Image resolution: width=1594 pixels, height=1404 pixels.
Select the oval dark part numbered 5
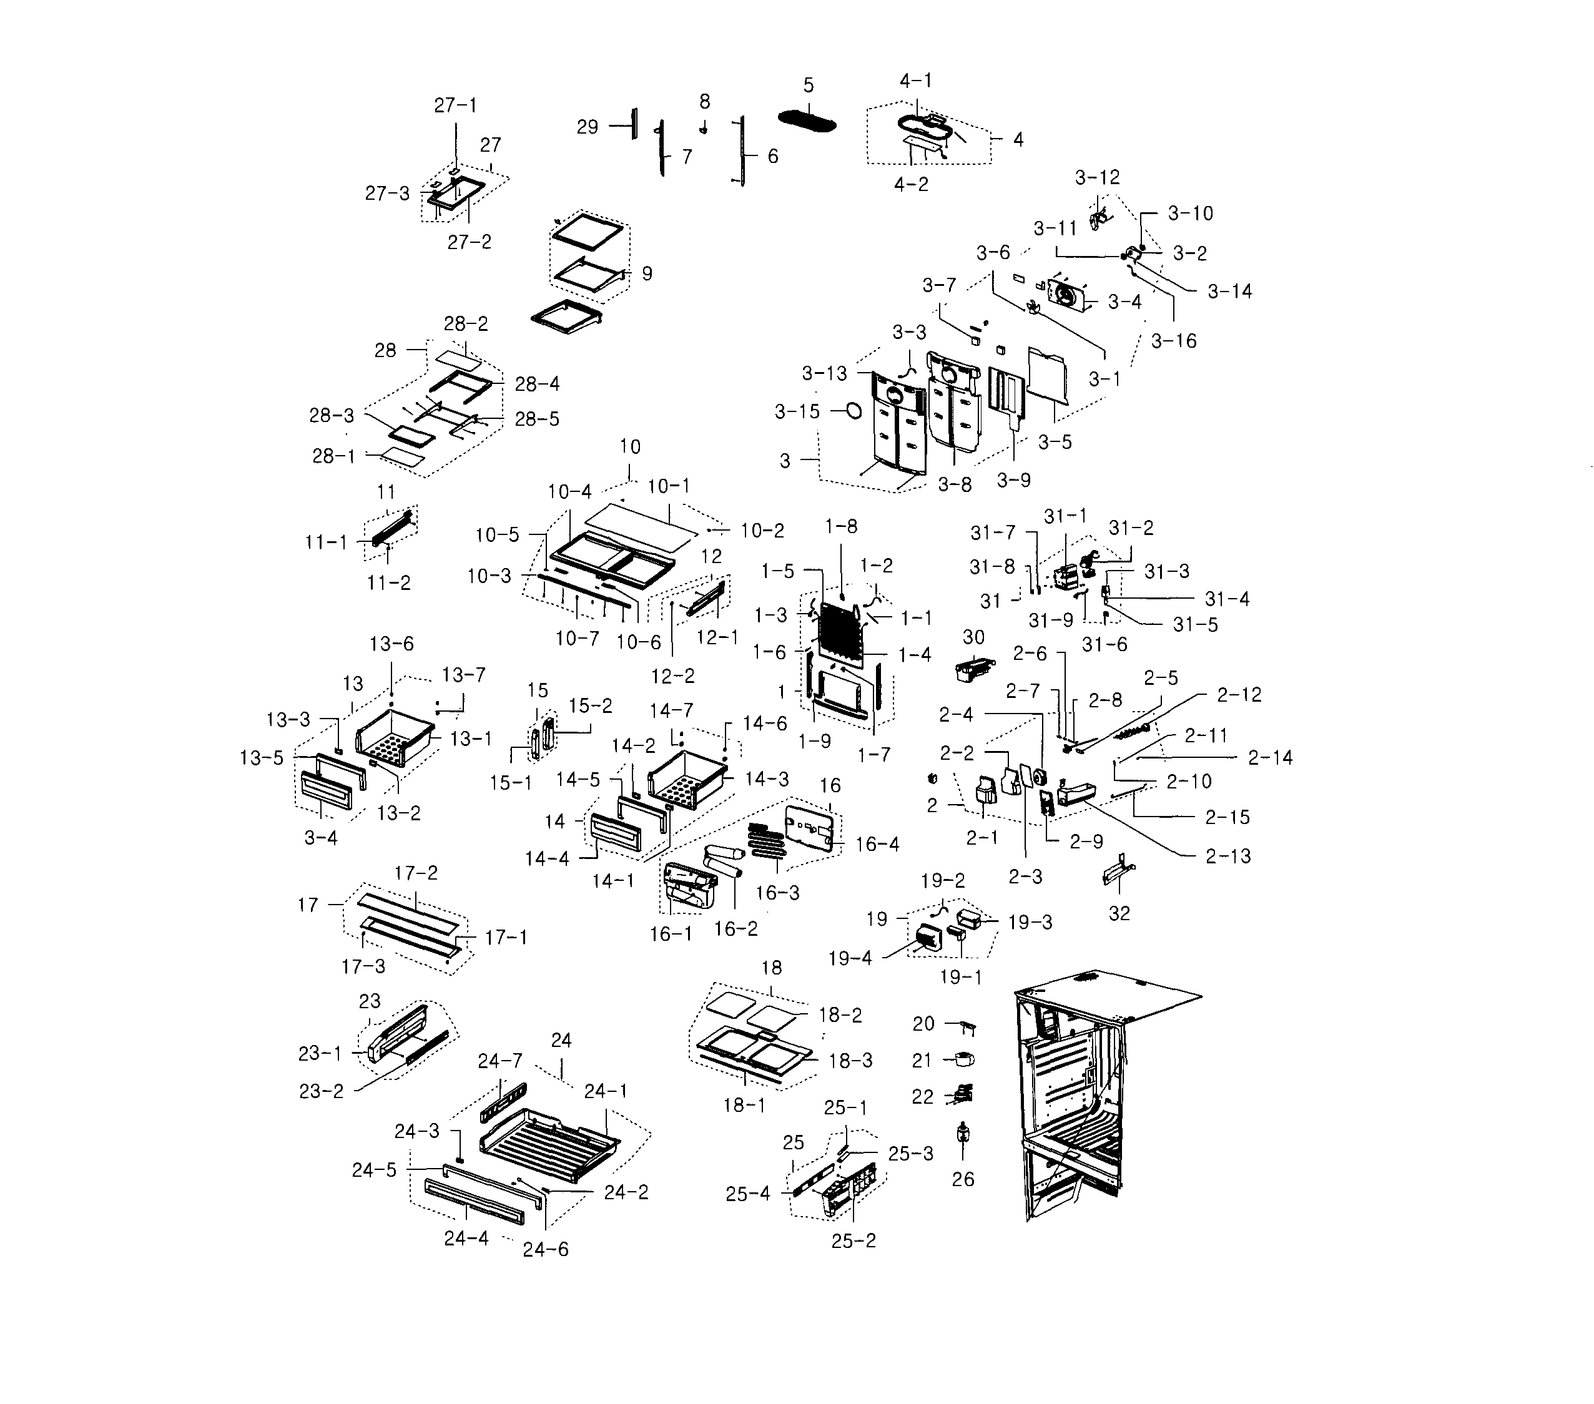tap(807, 122)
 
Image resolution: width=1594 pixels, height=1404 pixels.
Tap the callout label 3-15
tap(797, 411)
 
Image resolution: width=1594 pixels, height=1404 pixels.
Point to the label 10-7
tap(577, 639)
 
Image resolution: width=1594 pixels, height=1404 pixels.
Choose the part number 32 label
tap(1119, 913)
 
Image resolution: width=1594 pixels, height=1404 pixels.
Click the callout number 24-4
tap(466, 1238)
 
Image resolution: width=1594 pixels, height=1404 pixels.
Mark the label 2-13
tap(1228, 856)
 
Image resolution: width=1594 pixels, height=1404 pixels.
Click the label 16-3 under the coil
tap(777, 893)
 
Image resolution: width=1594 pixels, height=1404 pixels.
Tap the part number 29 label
tap(588, 126)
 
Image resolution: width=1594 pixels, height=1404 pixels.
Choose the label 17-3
tap(363, 966)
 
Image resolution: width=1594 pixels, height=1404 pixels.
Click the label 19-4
tap(850, 958)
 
